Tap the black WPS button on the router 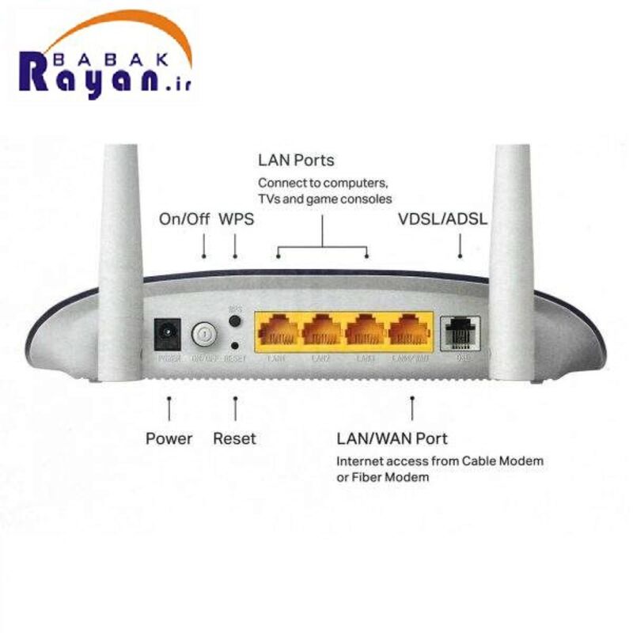pyautogui.click(x=235, y=321)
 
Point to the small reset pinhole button pyautogui.click(x=235, y=346)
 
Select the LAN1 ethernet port pyautogui.click(x=278, y=333)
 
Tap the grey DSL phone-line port pyautogui.click(x=460, y=333)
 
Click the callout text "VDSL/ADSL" pyautogui.click(x=442, y=218)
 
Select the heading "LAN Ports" pyautogui.click(x=296, y=161)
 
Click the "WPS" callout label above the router pyautogui.click(x=236, y=218)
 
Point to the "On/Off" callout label pyautogui.click(x=184, y=218)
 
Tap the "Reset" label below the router pyautogui.click(x=234, y=438)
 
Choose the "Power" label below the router pyautogui.click(x=169, y=438)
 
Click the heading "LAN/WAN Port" pyautogui.click(x=392, y=438)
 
